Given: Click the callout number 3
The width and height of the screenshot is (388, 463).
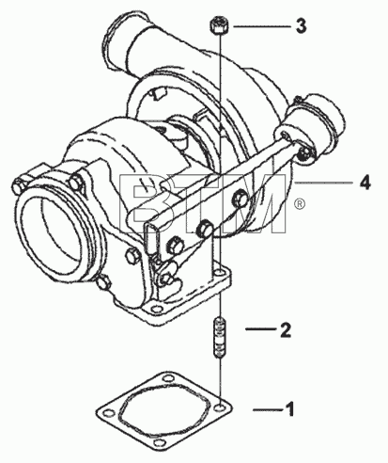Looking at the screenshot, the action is pyautogui.click(x=301, y=26).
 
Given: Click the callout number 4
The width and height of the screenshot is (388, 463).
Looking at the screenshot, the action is pyautogui.click(x=365, y=183).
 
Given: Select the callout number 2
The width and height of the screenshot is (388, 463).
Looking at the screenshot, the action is pyautogui.click(x=286, y=329).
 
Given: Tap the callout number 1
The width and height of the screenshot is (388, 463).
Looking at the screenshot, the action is pyautogui.click(x=290, y=409).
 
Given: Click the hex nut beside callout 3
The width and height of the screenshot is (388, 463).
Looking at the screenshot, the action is pyautogui.click(x=218, y=25).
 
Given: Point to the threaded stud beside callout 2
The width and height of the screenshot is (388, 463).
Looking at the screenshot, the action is pyautogui.click(x=220, y=338).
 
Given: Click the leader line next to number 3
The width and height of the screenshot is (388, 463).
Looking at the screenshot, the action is pyautogui.click(x=262, y=27).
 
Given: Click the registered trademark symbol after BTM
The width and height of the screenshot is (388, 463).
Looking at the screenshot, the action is pyautogui.click(x=300, y=204).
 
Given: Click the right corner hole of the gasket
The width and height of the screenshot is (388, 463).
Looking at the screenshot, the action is pyautogui.click(x=221, y=407).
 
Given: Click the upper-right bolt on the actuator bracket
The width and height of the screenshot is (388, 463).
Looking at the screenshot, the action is pyautogui.click(x=241, y=199).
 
